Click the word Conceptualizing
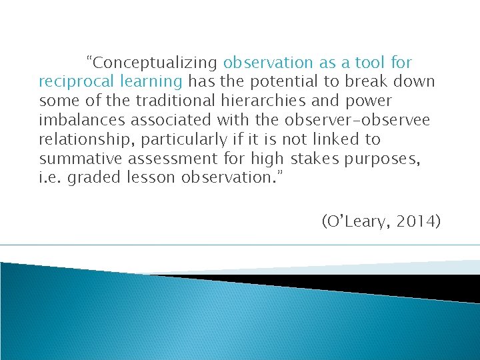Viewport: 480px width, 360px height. (155, 63)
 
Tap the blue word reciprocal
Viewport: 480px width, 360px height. (75, 82)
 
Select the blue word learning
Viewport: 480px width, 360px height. (149, 82)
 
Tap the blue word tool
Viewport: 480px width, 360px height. (369, 63)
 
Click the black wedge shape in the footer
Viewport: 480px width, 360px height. (373, 284)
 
